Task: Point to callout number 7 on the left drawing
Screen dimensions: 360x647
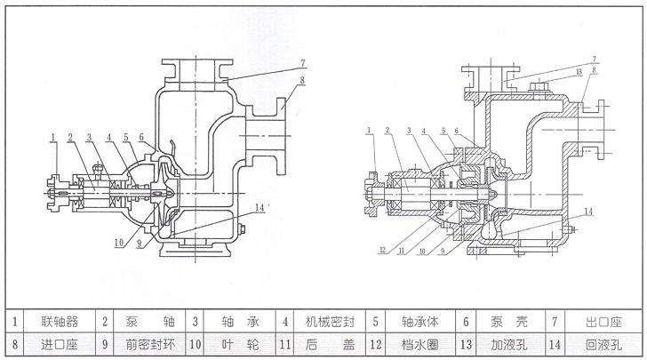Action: (x=303, y=63)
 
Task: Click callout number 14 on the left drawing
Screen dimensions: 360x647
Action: (x=260, y=206)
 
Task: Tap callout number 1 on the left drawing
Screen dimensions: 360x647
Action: (x=53, y=136)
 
